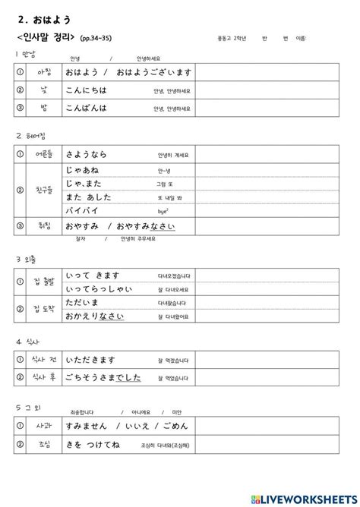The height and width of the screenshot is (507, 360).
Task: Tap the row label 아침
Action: click(x=45, y=72)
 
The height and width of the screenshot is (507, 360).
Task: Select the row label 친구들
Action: click(x=45, y=190)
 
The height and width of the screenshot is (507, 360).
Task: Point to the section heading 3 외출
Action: click(x=28, y=260)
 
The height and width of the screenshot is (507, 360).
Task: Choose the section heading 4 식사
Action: click(x=28, y=342)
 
